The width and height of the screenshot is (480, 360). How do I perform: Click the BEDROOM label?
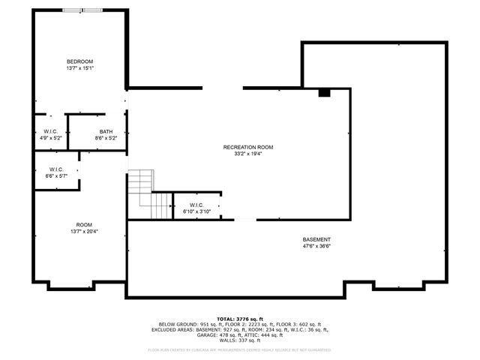(x=79, y=61)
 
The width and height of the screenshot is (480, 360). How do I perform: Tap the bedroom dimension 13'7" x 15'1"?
(x=79, y=68)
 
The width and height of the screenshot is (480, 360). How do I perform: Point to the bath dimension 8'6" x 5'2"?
(x=106, y=139)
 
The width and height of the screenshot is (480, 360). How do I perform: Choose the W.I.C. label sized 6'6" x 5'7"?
(x=56, y=169)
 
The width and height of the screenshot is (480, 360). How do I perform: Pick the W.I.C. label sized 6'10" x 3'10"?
(x=196, y=205)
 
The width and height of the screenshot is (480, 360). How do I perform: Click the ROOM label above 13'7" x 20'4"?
(x=84, y=225)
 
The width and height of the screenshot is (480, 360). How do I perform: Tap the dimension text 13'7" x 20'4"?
(x=84, y=232)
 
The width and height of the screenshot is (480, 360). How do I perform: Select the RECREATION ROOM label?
(x=247, y=147)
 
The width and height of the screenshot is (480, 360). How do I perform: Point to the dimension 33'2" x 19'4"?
(x=247, y=154)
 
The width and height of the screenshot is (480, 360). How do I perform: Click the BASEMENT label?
(x=316, y=239)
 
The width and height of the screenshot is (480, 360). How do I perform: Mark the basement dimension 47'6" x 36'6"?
(x=316, y=246)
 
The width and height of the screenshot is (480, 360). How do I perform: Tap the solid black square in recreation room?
(x=324, y=93)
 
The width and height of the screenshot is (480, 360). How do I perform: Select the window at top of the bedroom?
(x=83, y=10)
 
